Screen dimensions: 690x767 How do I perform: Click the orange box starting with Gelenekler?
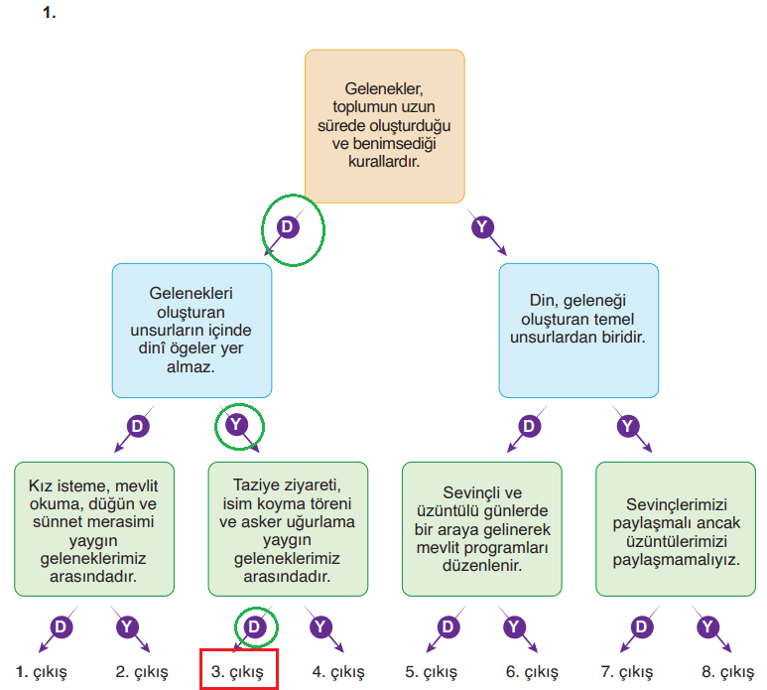tap(384, 126)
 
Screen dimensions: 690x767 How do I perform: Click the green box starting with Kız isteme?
tap(94, 528)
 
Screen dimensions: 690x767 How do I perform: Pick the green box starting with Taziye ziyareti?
tap(288, 528)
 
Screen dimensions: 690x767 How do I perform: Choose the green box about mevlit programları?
tap(481, 528)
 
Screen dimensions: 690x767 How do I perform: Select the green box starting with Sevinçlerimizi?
tap(675, 528)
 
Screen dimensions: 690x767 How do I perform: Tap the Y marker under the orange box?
tap(482, 227)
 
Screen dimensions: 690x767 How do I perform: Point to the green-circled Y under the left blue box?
tap(236, 426)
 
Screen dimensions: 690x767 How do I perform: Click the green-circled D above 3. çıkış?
tap(255, 626)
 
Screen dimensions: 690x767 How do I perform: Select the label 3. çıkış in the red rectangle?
tap(237, 671)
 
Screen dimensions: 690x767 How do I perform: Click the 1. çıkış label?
tap(42, 671)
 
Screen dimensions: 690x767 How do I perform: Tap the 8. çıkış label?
tap(727, 671)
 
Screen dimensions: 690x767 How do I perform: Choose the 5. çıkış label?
tap(432, 671)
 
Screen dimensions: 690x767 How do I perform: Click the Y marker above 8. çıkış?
tap(706, 626)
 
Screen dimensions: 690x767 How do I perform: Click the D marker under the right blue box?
tap(529, 426)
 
